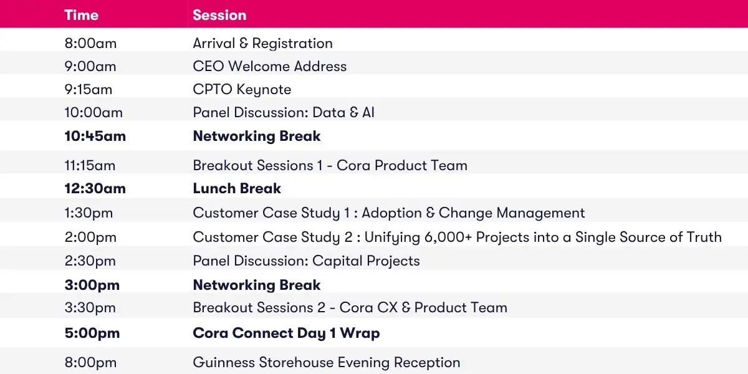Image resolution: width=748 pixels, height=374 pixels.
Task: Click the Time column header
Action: pos(82,15)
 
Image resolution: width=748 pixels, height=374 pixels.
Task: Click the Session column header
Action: pos(219,15)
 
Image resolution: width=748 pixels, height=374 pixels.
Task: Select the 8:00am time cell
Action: pos(90,44)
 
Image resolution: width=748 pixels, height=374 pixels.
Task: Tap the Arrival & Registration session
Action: pos(263,44)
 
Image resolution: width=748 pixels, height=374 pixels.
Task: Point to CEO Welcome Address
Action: pos(270,66)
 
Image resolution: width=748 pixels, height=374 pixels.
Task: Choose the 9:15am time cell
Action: pos(89,90)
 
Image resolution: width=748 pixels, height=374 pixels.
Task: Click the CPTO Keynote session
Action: pos(242,90)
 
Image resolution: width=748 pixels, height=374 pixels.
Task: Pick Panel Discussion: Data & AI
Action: pos(284,113)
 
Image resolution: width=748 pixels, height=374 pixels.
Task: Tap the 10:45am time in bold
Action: pos(95,137)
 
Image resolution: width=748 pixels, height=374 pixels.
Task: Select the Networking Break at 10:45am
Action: pos(257,137)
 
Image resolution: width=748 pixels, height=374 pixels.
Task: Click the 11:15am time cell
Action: pos(90,166)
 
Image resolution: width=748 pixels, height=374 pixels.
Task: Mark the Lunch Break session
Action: pos(237,188)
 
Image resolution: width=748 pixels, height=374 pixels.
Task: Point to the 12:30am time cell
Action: pos(95,188)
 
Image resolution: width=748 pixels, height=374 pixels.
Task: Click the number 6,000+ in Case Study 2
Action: pos(448,237)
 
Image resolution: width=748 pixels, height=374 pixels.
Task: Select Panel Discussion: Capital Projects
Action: pos(307,261)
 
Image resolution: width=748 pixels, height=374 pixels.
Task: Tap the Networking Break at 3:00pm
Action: pos(257,285)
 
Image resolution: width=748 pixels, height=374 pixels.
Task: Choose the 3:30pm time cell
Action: pos(90,307)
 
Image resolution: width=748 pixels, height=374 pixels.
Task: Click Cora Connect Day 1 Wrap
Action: pos(287,333)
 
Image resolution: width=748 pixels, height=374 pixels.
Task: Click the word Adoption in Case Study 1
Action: pos(391,213)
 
